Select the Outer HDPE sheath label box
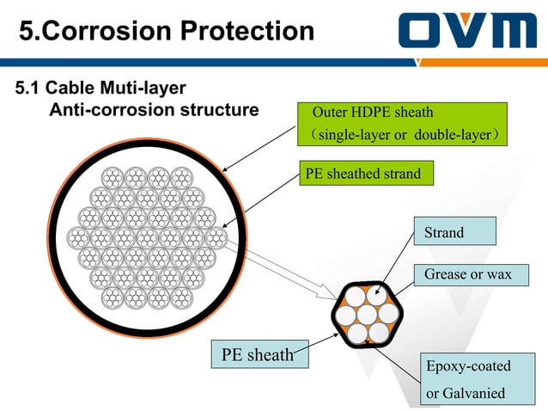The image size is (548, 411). (x=402, y=125)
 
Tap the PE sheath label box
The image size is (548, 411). (x=258, y=353)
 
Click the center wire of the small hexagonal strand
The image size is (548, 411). (x=368, y=313)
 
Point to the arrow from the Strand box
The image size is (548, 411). (x=396, y=267)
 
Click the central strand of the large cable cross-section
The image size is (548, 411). (x=147, y=236)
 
